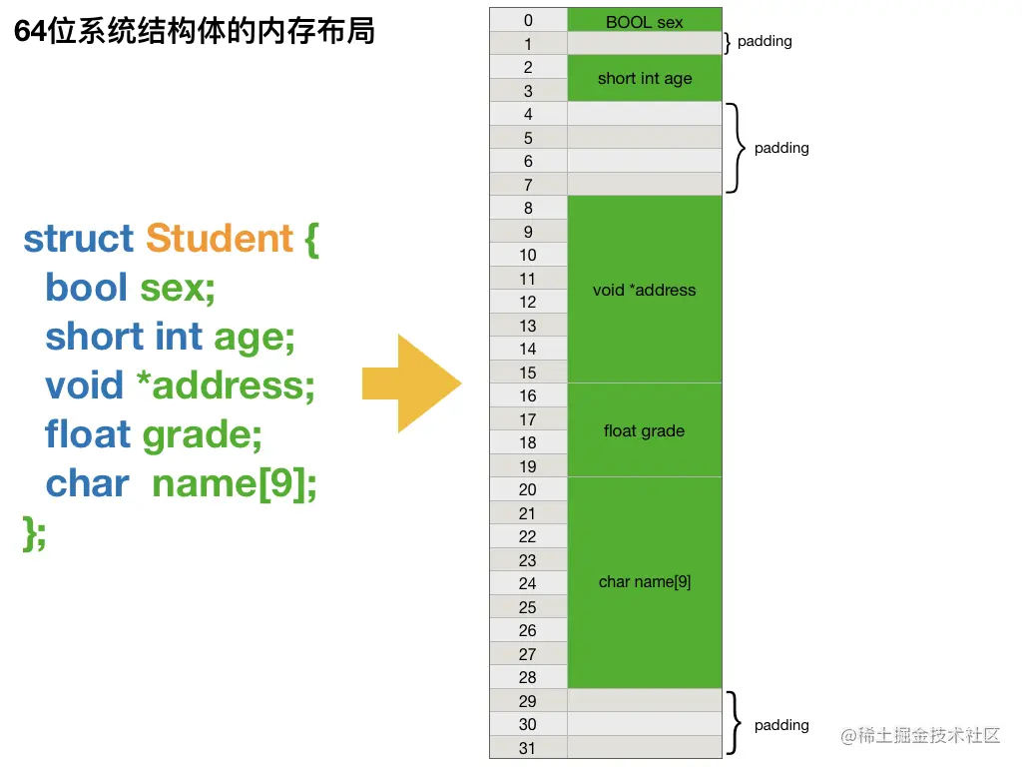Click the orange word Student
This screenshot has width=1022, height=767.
[220, 239]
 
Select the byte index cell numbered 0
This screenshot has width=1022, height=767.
[528, 20]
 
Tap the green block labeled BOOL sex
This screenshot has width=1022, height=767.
[644, 21]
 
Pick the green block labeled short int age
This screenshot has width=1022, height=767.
[644, 78]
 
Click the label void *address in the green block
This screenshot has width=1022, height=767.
[644, 290]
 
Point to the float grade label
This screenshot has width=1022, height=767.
[644, 430]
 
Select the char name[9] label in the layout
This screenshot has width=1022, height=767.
[644, 581]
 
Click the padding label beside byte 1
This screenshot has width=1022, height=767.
[765, 42]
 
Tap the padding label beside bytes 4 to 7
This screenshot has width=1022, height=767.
[781, 148]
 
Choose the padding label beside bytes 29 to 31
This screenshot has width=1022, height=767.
[781, 725]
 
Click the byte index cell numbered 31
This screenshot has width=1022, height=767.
[528, 748]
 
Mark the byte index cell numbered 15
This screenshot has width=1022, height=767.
[528, 373]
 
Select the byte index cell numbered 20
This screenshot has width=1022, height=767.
[528, 489]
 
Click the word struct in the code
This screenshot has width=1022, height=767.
[78, 239]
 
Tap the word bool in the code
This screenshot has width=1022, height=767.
[87, 288]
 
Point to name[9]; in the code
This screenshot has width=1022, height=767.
[234, 483]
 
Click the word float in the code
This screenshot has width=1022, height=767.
[88, 434]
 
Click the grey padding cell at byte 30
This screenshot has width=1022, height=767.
[644, 724]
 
